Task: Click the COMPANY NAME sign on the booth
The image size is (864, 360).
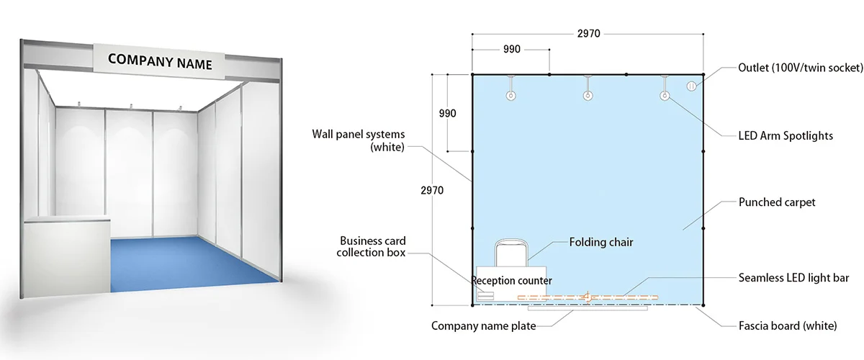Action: pyautogui.click(x=159, y=61)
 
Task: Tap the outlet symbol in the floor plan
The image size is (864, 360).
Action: pyautogui.click(x=692, y=86)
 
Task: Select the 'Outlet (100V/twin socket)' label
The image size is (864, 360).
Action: pyautogui.click(x=801, y=68)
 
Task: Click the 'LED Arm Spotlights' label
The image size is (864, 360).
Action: pyautogui.click(x=786, y=136)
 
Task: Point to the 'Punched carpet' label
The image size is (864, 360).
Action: pyautogui.click(x=776, y=202)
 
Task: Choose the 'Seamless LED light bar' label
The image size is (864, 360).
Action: pyautogui.click(x=793, y=278)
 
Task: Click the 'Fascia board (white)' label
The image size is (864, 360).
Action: pyautogui.click(x=788, y=325)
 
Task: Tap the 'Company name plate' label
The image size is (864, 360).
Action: pyautogui.click(x=483, y=326)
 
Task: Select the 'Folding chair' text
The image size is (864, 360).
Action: pyautogui.click(x=601, y=243)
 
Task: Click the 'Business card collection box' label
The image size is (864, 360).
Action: pyautogui.click(x=371, y=246)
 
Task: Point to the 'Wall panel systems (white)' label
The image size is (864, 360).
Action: pyautogui.click(x=359, y=140)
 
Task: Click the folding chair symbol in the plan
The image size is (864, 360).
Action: pyautogui.click(x=511, y=253)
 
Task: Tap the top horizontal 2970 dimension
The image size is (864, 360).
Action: pyautogui.click(x=589, y=34)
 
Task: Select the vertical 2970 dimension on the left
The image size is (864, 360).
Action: pyautogui.click(x=432, y=190)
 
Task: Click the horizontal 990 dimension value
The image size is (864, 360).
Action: pyautogui.click(x=512, y=50)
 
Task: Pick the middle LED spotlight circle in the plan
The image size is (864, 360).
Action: pyautogui.click(x=588, y=95)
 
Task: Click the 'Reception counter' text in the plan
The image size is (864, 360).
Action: pyautogui.click(x=512, y=281)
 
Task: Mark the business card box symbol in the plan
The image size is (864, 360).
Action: pyautogui.click(x=485, y=296)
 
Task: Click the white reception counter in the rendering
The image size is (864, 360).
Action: pyautogui.click(x=66, y=256)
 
